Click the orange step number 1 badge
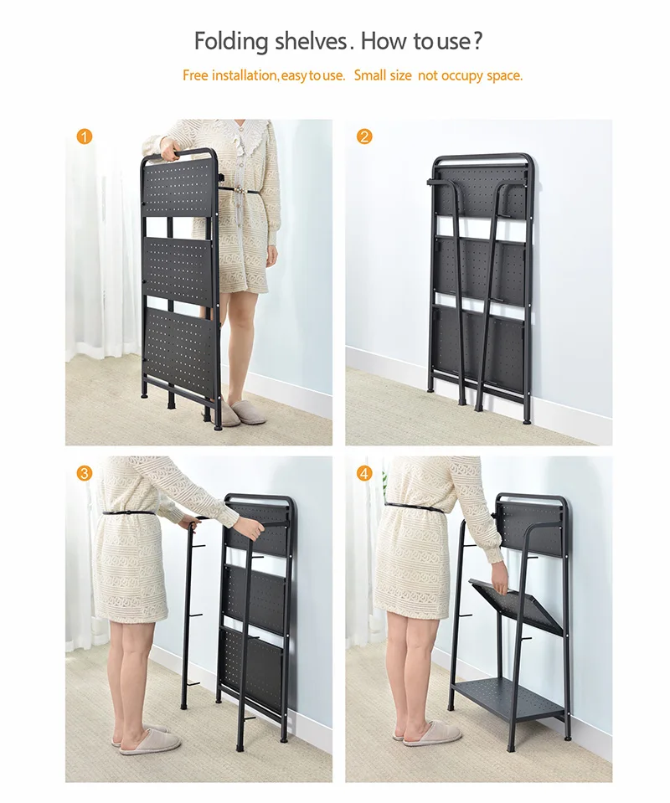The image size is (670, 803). [85, 136]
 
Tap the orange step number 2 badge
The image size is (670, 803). [363, 136]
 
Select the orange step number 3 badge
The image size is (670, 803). [85, 473]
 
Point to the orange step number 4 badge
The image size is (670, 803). [363, 473]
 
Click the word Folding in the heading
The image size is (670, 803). [231, 42]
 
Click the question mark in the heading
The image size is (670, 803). [477, 40]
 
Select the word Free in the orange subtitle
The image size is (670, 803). [195, 75]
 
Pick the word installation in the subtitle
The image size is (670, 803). [245, 75]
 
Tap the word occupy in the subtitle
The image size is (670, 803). [461, 76]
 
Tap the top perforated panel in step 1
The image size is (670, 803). [178, 186]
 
